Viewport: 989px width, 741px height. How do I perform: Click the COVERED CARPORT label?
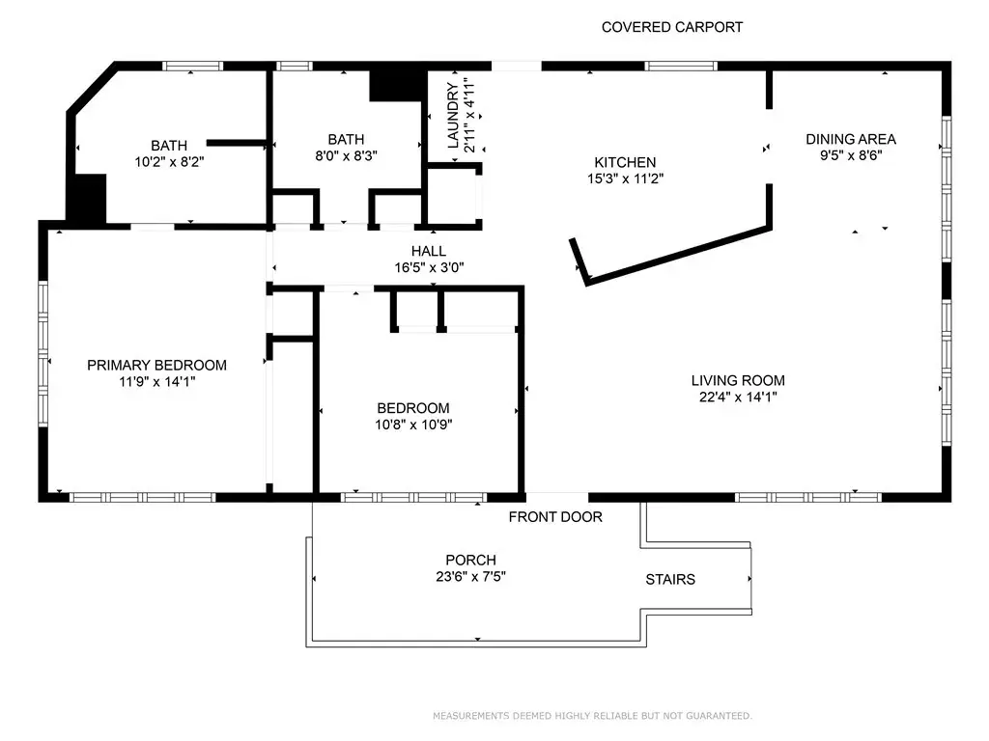(x=672, y=27)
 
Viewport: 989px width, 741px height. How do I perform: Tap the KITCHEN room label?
(x=625, y=162)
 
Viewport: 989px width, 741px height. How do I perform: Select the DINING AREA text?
(x=851, y=139)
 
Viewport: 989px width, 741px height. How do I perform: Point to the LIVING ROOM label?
(x=738, y=380)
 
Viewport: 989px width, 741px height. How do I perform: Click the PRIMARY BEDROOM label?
(x=157, y=365)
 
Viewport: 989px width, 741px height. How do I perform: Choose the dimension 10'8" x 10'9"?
(x=413, y=425)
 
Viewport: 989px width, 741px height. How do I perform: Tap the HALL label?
(x=429, y=251)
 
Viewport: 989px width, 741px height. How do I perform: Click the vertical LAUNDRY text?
(x=453, y=116)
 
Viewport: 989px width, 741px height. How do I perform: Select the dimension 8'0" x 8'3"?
(x=347, y=155)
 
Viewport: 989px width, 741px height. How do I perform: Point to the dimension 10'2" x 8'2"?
(x=169, y=162)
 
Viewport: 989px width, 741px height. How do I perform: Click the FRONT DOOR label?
(x=555, y=517)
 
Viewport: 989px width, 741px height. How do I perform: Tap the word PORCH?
(x=470, y=560)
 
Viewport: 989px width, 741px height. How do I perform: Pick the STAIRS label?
(x=670, y=579)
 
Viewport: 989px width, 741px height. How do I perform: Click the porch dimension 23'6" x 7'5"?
(x=470, y=577)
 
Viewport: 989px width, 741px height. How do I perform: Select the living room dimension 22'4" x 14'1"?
(x=738, y=397)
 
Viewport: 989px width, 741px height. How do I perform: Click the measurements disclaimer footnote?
(x=592, y=716)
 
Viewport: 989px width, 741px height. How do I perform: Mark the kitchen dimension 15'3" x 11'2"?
(x=625, y=178)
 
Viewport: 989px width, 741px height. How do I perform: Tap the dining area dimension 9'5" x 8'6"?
(x=851, y=155)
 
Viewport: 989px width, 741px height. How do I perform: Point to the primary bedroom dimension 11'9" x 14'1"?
(x=157, y=382)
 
